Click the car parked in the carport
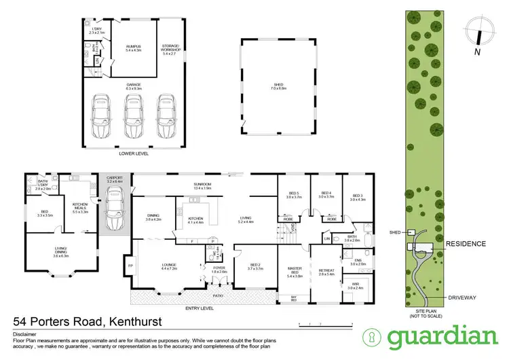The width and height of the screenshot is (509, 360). click(x=114, y=204)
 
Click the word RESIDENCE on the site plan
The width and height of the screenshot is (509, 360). click(x=466, y=243)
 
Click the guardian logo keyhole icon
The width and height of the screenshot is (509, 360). click(x=373, y=336)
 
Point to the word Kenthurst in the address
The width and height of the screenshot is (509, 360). click(x=143, y=321)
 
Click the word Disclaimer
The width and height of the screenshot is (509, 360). click(x=25, y=335)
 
